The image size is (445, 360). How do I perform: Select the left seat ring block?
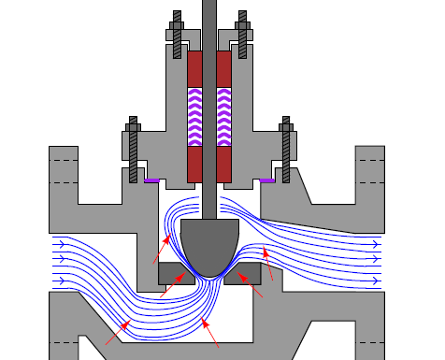click(172, 272)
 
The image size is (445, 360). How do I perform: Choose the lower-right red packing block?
click(224, 164)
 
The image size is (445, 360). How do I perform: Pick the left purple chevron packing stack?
click(194, 117)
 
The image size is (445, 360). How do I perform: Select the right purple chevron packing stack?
click(224, 117)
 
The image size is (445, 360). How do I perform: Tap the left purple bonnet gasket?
click(151, 180)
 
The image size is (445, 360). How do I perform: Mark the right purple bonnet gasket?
click(268, 180)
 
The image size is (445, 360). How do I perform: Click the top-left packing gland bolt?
click(176, 33)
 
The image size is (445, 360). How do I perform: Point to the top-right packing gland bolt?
click(243, 33)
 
